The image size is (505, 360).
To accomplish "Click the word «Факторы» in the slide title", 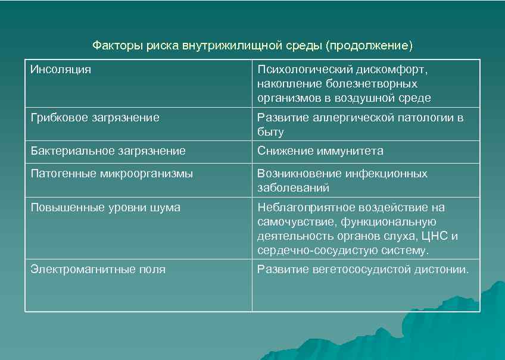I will click(113, 45).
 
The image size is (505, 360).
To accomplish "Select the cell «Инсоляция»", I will click(61, 70).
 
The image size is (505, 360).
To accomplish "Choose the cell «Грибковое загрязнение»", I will click(95, 118).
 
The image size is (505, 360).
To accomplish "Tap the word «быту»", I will click(270, 132).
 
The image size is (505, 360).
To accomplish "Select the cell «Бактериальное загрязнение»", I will click(108, 151).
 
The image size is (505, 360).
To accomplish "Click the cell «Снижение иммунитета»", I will click(320, 151).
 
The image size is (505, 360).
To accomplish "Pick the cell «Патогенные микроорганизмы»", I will click(112, 174).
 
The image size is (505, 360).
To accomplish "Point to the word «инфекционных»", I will click(387, 174).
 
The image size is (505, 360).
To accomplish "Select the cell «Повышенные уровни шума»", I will click(105, 208).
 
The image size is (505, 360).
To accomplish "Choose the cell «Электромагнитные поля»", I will click(98, 270).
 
